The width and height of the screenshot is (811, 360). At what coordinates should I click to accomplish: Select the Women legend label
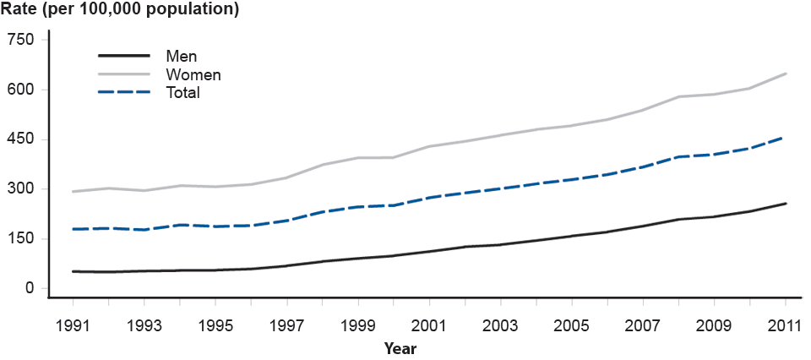[193, 75]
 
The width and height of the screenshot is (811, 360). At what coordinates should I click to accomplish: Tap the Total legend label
[183, 93]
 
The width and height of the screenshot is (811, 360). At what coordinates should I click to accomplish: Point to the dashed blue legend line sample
[126, 93]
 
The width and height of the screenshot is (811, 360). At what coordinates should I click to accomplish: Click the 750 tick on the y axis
[21, 40]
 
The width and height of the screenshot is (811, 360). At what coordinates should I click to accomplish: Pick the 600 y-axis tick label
[21, 90]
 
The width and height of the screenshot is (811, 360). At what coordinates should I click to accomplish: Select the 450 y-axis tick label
[21, 139]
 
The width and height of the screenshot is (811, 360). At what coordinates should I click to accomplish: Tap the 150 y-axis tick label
[21, 238]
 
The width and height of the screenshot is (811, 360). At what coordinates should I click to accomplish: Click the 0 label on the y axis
[29, 288]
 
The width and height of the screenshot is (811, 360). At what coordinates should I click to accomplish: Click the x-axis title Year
[400, 347]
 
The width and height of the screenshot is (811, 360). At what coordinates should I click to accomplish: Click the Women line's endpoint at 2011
[786, 74]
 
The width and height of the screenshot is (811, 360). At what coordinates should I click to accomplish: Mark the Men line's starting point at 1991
[73, 271]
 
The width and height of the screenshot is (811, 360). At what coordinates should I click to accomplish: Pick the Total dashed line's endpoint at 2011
[786, 136]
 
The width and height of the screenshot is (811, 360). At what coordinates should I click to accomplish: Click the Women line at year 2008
[679, 96]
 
